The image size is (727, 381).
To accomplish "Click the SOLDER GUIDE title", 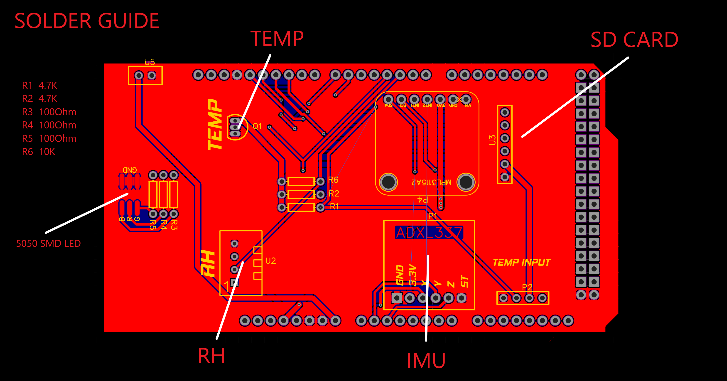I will pyautogui.click(x=87, y=21).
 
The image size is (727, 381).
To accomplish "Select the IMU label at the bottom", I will pyautogui.click(x=426, y=361).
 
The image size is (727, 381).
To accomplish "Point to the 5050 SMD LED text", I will pyautogui.click(x=48, y=243).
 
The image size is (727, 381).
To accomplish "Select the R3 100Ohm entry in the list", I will pyautogui.click(x=49, y=112).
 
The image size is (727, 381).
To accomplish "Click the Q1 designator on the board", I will pyautogui.click(x=257, y=126).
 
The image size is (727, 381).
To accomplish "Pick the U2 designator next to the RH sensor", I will pyautogui.click(x=270, y=261).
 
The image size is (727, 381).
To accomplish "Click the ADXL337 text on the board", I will pyautogui.click(x=429, y=233).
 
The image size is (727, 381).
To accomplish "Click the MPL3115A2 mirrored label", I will pyautogui.click(x=431, y=182).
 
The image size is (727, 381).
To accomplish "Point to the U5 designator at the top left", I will pyautogui.click(x=150, y=62).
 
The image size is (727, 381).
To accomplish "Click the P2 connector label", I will pyautogui.click(x=527, y=287).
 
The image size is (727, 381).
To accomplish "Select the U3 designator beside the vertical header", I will pyautogui.click(x=492, y=140).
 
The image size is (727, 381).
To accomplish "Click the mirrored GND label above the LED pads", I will pyautogui.click(x=130, y=170).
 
